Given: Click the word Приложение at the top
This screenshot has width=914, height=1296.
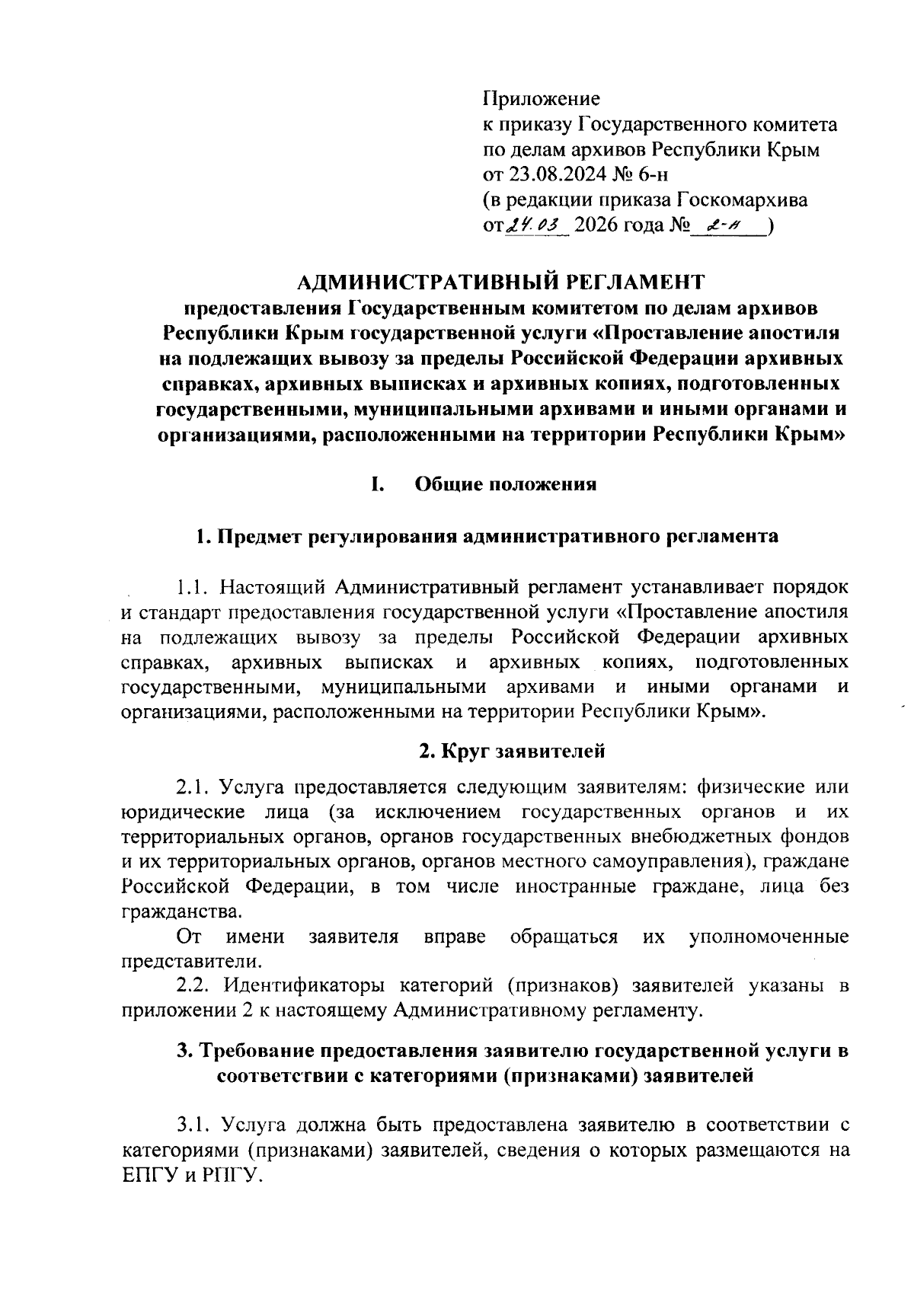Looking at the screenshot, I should pyautogui.click(x=542, y=99).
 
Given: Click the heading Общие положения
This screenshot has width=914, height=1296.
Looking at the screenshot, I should pyautogui.click(x=505, y=484).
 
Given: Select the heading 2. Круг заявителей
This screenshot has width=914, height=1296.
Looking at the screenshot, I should pyautogui.click(x=512, y=752).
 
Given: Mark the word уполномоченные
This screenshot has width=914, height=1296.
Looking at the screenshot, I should pyautogui.click(x=769, y=936).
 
